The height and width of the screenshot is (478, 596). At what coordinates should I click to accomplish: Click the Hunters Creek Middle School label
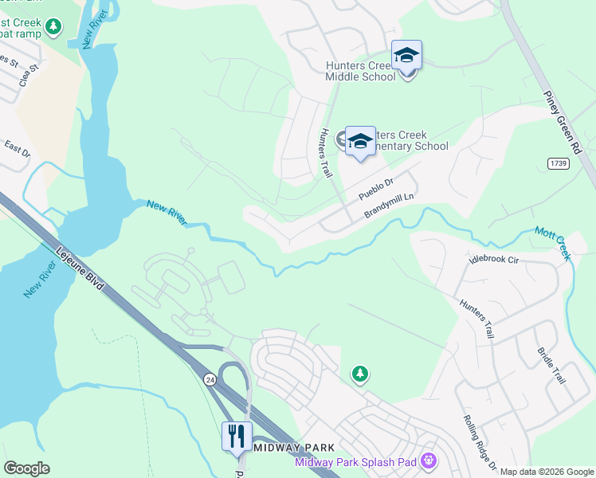[x=360, y=71]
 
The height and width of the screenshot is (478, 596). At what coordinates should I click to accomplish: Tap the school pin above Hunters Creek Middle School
[x=406, y=56]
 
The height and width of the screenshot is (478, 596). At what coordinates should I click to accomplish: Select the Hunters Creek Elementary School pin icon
[x=360, y=141]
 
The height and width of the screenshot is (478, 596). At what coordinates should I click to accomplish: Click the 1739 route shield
[x=559, y=163]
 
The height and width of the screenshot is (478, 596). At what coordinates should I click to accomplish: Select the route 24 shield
[x=210, y=378]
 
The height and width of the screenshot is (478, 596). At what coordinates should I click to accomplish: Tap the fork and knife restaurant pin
[x=237, y=437]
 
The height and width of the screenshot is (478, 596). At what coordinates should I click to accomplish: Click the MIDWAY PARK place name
[x=290, y=448]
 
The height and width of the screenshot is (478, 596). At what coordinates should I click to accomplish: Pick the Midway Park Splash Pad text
[x=356, y=462]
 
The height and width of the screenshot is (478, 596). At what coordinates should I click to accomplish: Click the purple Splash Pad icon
[x=429, y=460]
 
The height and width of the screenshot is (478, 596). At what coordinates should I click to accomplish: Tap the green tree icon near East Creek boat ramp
[x=53, y=27]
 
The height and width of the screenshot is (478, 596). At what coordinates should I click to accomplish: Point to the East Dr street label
[x=17, y=148]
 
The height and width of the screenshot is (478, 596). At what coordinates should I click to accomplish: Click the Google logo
[x=26, y=468]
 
